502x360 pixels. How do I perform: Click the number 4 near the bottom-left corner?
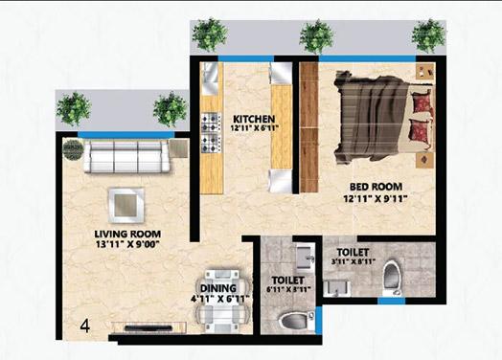pyautogui.click(x=85, y=326)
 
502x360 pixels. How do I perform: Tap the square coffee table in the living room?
pyautogui.click(x=126, y=202)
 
